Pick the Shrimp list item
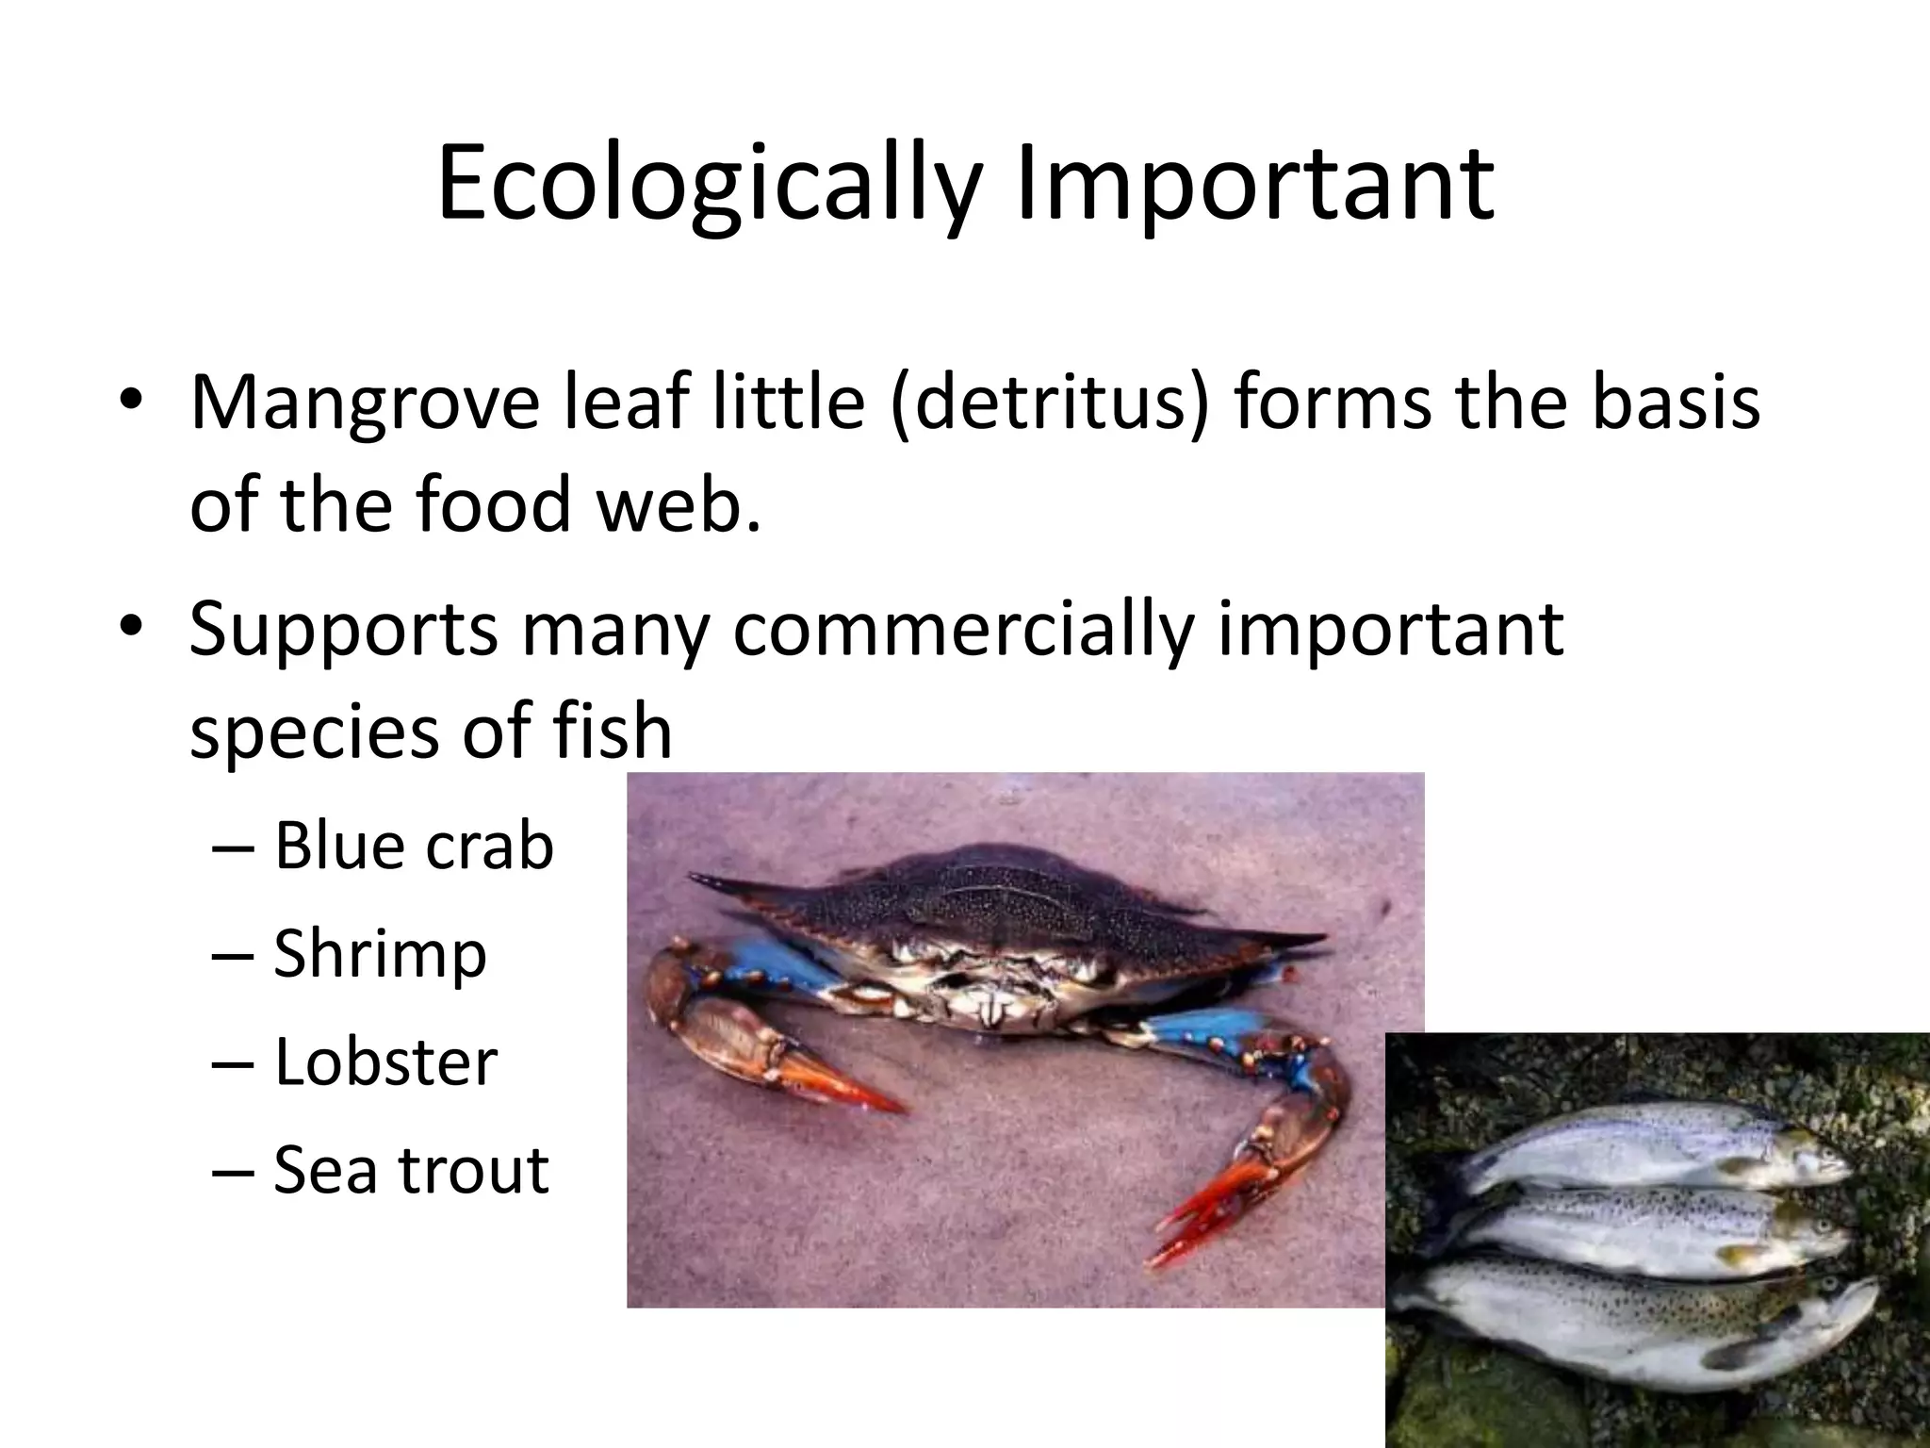pyautogui.click(x=380, y=953)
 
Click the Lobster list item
pyautogui.click(x=384, y=1061)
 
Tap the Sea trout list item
pyautogui.click(x=411, y=1170)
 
